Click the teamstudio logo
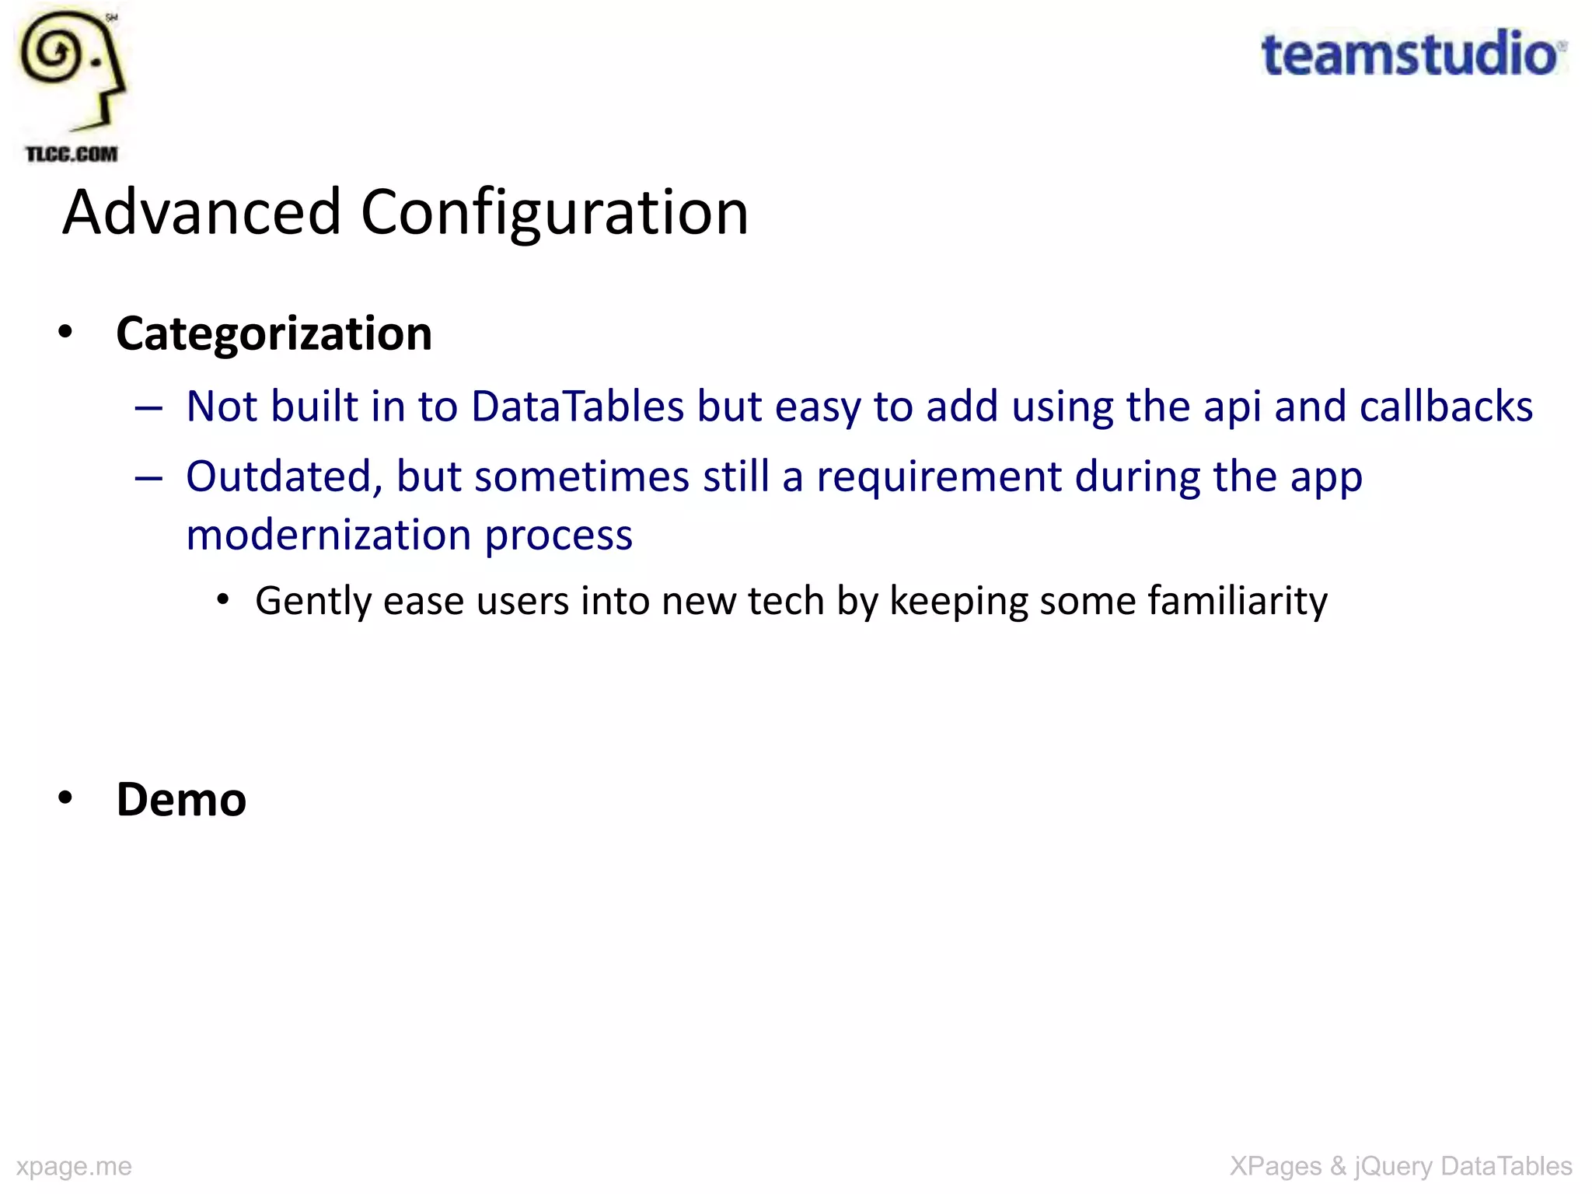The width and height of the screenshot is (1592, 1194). (x=1412, y=54)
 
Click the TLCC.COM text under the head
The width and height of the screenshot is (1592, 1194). (x=72, y=154)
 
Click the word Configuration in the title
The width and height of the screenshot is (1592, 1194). (x=554, y=212)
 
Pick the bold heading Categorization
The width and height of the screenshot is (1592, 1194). (x=274, y=333)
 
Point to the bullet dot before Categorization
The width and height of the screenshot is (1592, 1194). (x=65, y=333)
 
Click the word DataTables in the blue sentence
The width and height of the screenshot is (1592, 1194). (x=578, y=407)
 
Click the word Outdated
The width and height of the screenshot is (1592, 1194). (x=285, y=477)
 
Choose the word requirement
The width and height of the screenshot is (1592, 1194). (x=938, y=477)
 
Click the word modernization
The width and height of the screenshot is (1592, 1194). (x=329, y=536)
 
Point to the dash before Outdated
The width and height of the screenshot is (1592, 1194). (x=148, y=477)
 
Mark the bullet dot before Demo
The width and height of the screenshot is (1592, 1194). (x=65, y=798)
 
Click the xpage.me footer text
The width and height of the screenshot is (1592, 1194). (x=74, y=1166)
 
